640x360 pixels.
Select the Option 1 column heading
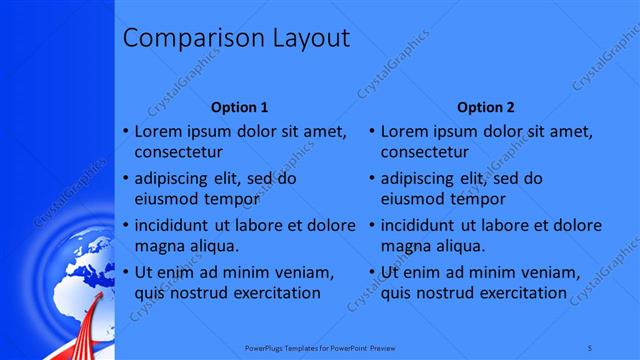[240, 107]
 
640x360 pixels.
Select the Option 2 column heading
[486, 107]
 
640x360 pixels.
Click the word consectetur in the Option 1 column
[179, 153]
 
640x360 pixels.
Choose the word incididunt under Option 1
[172, 225]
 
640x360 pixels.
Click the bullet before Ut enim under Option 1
[125, 272]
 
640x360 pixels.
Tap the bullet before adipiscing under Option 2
[371, 178]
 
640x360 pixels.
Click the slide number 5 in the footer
[590, 347]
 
